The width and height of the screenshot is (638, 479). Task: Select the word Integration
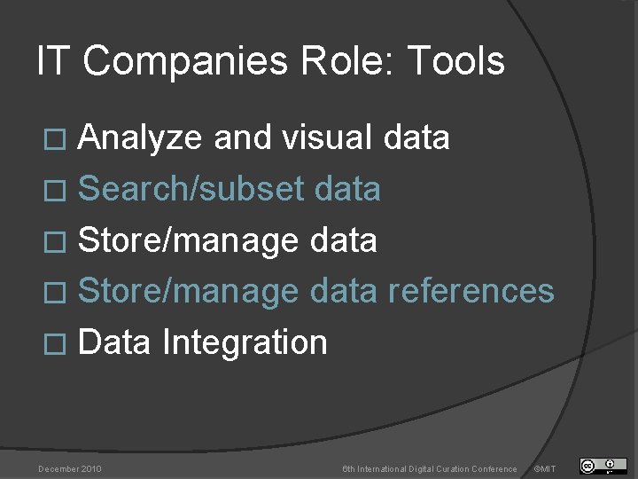coord(245,342)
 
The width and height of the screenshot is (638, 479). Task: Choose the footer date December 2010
coord(69,468)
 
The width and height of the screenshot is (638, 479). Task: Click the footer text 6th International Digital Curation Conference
coord(430,468)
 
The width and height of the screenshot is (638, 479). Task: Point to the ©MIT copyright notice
coord(545,468)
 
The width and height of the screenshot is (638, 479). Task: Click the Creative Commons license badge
coord(603,466)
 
